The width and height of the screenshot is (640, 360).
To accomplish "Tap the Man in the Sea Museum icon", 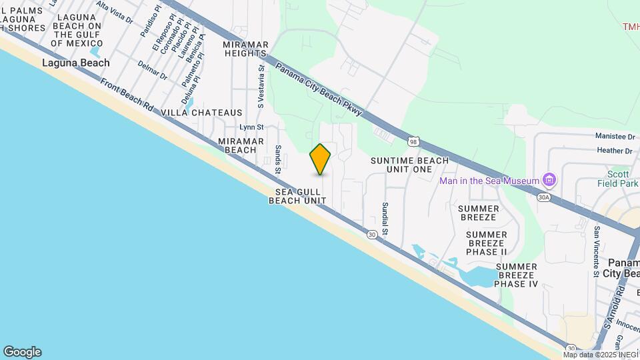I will (549, 180).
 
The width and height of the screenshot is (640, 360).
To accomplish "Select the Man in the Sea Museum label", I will (489, 181).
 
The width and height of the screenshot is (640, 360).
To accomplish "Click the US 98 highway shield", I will (414, 141).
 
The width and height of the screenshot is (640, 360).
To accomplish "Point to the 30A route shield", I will (544, 197).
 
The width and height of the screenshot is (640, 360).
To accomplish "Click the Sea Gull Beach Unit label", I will (297, 196).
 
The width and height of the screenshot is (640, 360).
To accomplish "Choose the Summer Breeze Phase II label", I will (487, 243).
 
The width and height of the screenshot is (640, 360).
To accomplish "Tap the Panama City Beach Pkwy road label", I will (319, 89).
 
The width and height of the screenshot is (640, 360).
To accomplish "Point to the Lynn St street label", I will (252, 127).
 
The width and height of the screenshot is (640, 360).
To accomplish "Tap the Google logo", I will (22, 352).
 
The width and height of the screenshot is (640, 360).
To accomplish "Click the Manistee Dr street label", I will (615, 136).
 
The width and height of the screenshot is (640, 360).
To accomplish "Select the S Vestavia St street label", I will (261, 86).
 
